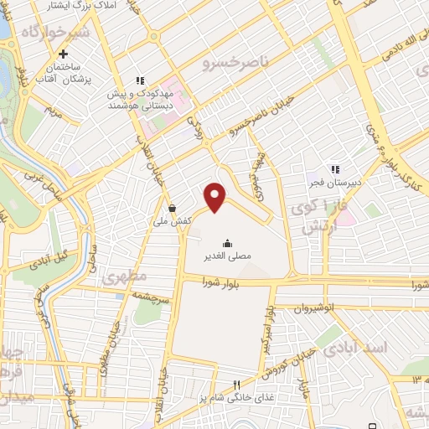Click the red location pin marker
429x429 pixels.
(216, 197)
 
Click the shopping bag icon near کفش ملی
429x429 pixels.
(173, 208)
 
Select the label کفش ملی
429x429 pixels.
(173, 221)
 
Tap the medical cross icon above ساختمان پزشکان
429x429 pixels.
(64, 53)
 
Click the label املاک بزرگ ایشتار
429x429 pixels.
(76, 6)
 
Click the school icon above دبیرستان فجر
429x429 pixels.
(335, 168)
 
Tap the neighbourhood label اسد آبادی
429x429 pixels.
(363, 347)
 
